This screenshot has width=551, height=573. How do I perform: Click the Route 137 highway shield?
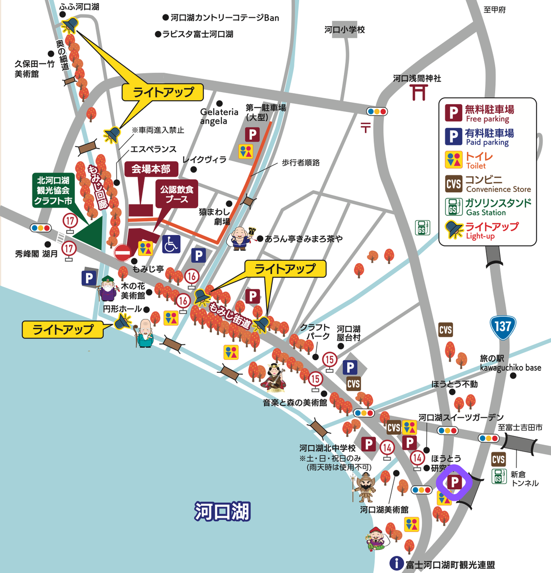coord(502,328)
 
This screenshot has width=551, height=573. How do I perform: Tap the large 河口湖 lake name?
coord(222,511)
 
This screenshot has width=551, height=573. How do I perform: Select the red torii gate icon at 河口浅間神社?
coord(418,92)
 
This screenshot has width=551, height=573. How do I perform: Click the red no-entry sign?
coord(123,252)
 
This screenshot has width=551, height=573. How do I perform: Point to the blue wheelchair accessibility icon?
coord(171,244)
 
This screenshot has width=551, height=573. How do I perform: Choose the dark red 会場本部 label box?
coord(151,169)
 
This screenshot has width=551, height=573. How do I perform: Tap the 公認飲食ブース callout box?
coord(177,194)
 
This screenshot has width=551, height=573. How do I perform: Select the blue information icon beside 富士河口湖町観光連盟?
coord(396,563)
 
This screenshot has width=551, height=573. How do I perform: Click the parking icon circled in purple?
coord(454,482)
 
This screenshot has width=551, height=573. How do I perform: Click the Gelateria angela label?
coord(218,116)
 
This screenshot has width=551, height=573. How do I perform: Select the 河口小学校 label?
coord(344,30)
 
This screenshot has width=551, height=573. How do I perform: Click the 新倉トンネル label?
coord(524,478)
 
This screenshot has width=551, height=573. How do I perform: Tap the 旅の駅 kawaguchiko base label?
coord(510,363)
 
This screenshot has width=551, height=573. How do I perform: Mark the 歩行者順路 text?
coord(300,162)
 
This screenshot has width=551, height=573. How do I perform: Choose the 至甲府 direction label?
coord(494,10)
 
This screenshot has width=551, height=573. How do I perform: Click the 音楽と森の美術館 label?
coord(295,403)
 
